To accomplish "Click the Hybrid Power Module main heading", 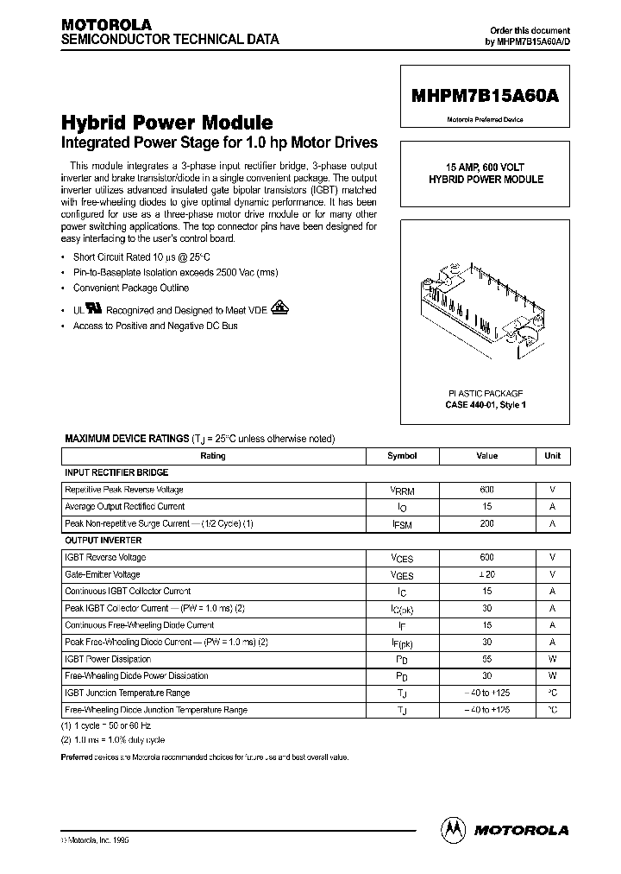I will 167,123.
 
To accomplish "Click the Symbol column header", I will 402,456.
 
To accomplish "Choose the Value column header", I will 487,456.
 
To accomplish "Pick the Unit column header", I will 552,456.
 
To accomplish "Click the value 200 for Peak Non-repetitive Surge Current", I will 487,523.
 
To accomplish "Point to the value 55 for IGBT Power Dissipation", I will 487,659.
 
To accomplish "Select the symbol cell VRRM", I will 402,491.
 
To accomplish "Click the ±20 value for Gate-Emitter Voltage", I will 487,574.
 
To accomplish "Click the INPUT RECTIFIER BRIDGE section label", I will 116,472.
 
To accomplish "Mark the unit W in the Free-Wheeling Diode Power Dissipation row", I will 552,675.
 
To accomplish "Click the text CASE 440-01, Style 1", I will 486,404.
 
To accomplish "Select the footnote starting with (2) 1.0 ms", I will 113,740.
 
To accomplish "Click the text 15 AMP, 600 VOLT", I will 486,167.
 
